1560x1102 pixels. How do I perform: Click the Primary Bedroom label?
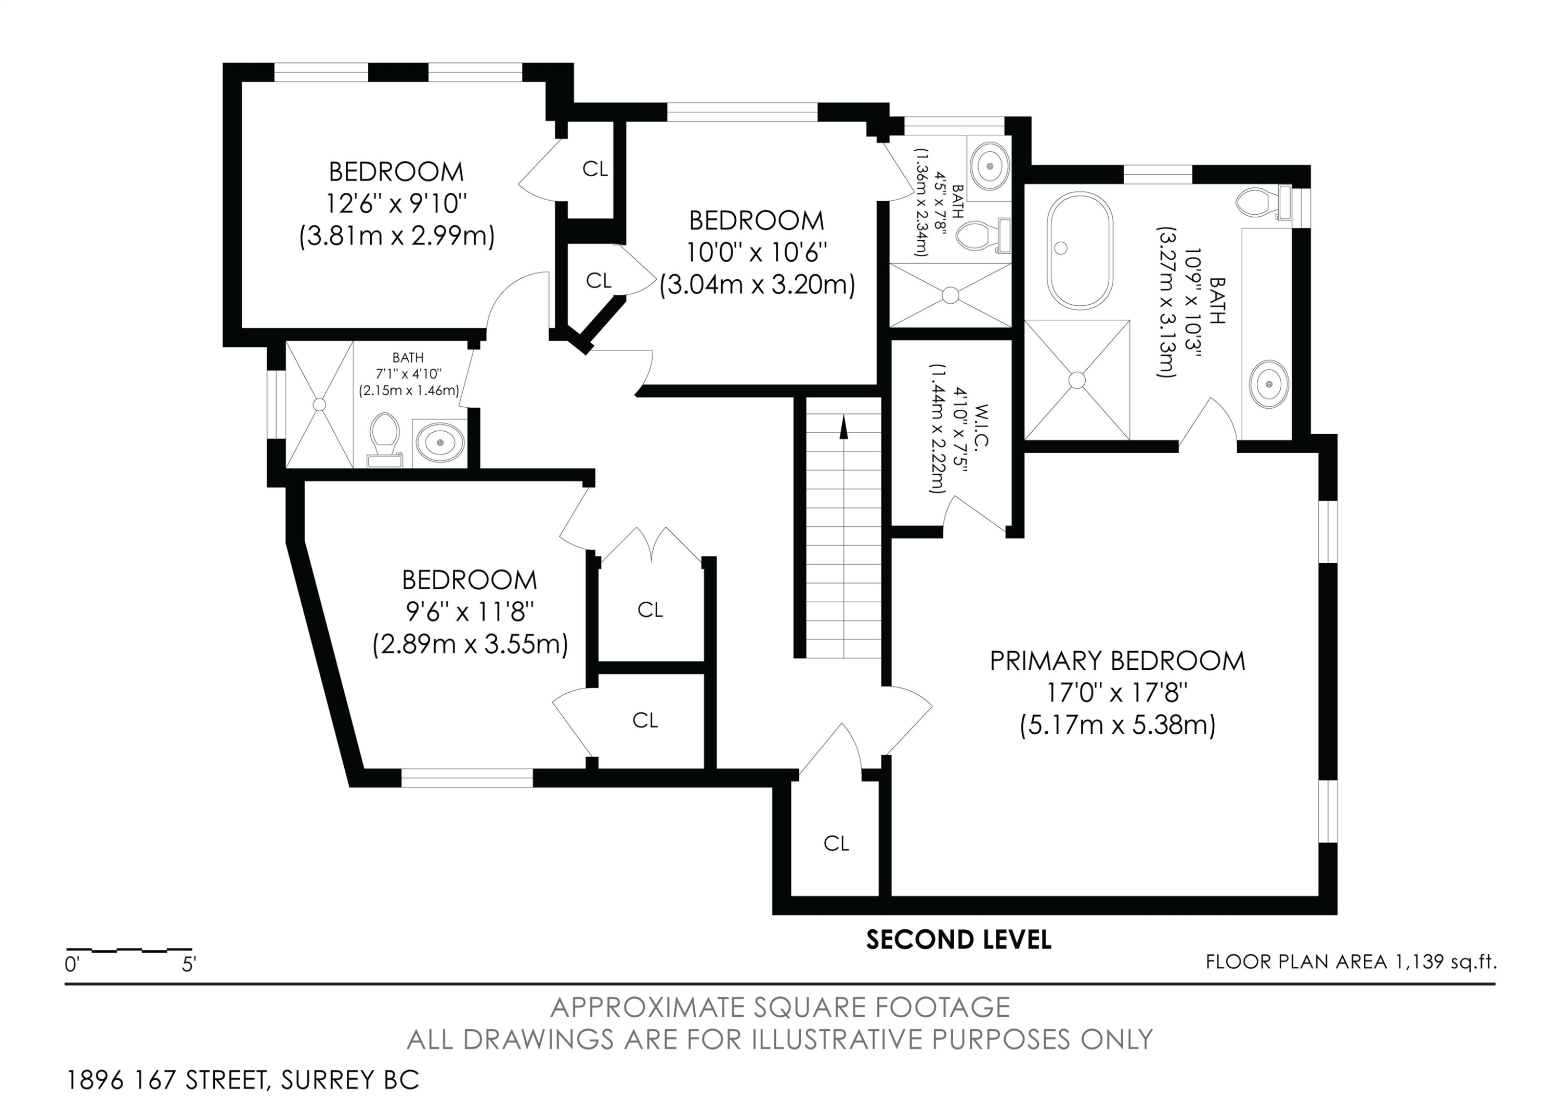(x=1117, y=661)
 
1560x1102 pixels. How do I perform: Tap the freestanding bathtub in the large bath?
(x=1080, y=251)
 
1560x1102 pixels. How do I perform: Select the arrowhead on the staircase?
(x=844, y=426)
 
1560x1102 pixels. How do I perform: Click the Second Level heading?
(x=959, y=940)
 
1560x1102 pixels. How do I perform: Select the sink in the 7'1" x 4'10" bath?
(x=440, y=442)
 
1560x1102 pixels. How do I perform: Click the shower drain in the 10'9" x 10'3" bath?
(x=1077, y=380)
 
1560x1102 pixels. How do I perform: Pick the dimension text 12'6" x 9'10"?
(x=397, y=203)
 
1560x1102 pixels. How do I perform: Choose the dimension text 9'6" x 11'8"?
(x=470, y=612)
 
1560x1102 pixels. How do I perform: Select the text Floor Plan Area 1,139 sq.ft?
(x=1351, y=962)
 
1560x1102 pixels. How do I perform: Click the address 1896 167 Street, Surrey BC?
(x=242, y=1080)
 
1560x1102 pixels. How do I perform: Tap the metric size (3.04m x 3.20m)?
(x=757, y=284)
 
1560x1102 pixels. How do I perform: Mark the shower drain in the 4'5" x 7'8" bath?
(x=951, y=295)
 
